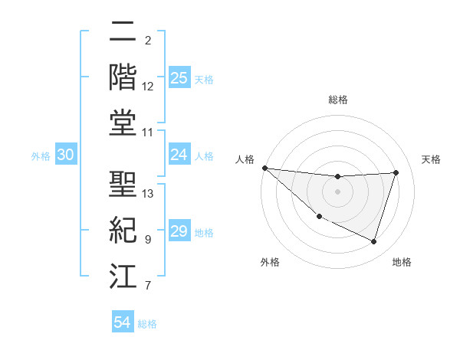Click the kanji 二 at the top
tap(123, 33)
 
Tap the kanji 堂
tap(123, 123)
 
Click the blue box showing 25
tap(179, 78)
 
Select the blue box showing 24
tap(179, 155)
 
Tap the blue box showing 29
tap(179, 231)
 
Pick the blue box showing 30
tap(65, 155)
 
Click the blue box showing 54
tap(123, 322)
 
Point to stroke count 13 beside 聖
tap(148, 194)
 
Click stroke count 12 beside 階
tap(148, 87)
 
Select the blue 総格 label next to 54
tap(147, 324)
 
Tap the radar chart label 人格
tap(245, 159)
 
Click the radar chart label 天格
tap(431, 159)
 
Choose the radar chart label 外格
tap(270, 262)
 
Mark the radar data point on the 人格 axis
tap(265, 168)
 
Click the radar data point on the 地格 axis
tap(374, 242)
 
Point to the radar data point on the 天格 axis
tap(396, 172)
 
